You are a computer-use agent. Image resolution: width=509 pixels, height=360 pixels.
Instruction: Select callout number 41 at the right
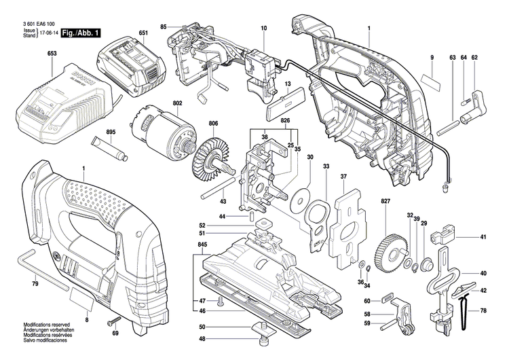pyautogui.click(x=483, y=237)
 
